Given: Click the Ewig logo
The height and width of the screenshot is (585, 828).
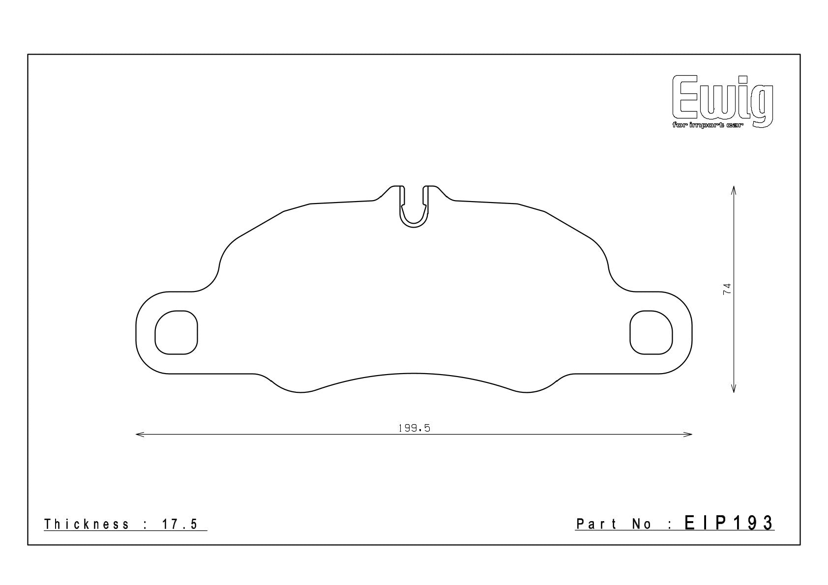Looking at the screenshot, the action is click(722, 101).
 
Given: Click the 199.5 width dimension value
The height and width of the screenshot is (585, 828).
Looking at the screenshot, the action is click(414, 428).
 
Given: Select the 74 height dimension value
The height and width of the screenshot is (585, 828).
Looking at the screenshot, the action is click(727, 289).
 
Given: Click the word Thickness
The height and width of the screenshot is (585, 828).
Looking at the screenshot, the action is click(87, 524).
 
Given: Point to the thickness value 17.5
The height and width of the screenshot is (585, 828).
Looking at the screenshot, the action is click(180, 524).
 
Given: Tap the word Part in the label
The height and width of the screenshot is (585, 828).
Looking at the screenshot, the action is click(596, 524).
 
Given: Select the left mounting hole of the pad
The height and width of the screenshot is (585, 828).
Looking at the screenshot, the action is click(177, 333).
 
